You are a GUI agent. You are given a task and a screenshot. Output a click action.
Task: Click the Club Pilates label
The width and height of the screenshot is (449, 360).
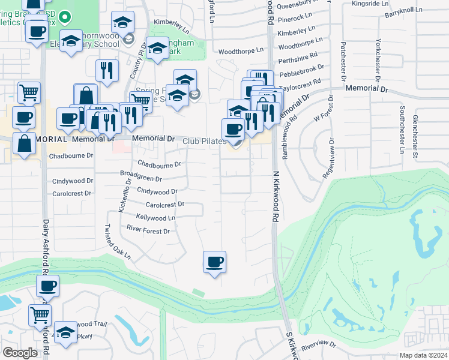[205, 141]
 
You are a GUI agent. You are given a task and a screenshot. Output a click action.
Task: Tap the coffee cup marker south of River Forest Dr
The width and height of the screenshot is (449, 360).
[214, 262]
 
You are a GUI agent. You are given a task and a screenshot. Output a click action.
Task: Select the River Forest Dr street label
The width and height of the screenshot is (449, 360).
[148, 230]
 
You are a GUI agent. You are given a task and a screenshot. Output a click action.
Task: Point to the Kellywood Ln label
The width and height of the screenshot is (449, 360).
[155, 217]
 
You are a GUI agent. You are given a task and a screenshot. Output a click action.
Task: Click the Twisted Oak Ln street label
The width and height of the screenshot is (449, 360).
[118, 242]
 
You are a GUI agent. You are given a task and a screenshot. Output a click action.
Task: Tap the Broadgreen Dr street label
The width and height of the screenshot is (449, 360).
[141, 178]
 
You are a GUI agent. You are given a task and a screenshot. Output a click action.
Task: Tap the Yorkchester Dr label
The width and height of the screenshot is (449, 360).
[378, 60]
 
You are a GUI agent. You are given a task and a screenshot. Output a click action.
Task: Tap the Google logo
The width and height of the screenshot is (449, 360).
[20, 353]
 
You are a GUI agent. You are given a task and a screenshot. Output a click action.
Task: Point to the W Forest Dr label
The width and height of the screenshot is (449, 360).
[322, 115]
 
